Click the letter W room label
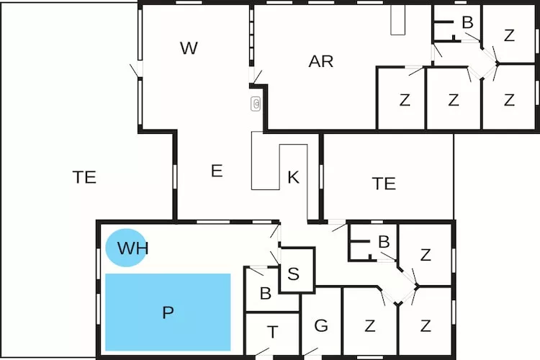tap(189, 48)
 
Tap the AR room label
tap(321, 61)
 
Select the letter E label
tap(217, 171)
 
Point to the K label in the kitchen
tap(293, 178)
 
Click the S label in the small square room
tap(293, 274)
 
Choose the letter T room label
tap(272, 332)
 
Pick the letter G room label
tap(321, 325)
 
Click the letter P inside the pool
tap(168, 312)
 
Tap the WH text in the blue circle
tap(132, 249)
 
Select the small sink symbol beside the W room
tap(256, 104)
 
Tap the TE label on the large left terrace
tap(85, 177)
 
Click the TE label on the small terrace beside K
tap(384, 184)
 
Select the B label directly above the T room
tap(264, 294)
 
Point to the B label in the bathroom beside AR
tap(467, 23)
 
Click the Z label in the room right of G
tap(369, 325)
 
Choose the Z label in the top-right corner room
tap(509, 35)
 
